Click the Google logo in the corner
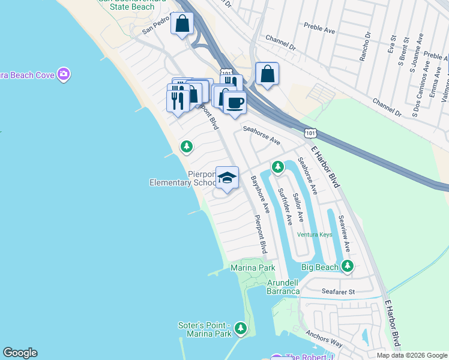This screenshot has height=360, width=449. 20,353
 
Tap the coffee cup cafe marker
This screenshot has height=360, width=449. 235,103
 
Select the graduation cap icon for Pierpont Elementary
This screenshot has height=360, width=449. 227,178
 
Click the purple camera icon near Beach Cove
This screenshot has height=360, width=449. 64,74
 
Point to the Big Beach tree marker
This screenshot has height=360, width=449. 348,266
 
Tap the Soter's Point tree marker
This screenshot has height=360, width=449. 241,328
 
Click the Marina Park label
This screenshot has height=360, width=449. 253,268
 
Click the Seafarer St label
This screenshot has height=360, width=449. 339,292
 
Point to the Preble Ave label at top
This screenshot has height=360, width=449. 319,26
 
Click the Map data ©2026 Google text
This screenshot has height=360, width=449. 412,355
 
